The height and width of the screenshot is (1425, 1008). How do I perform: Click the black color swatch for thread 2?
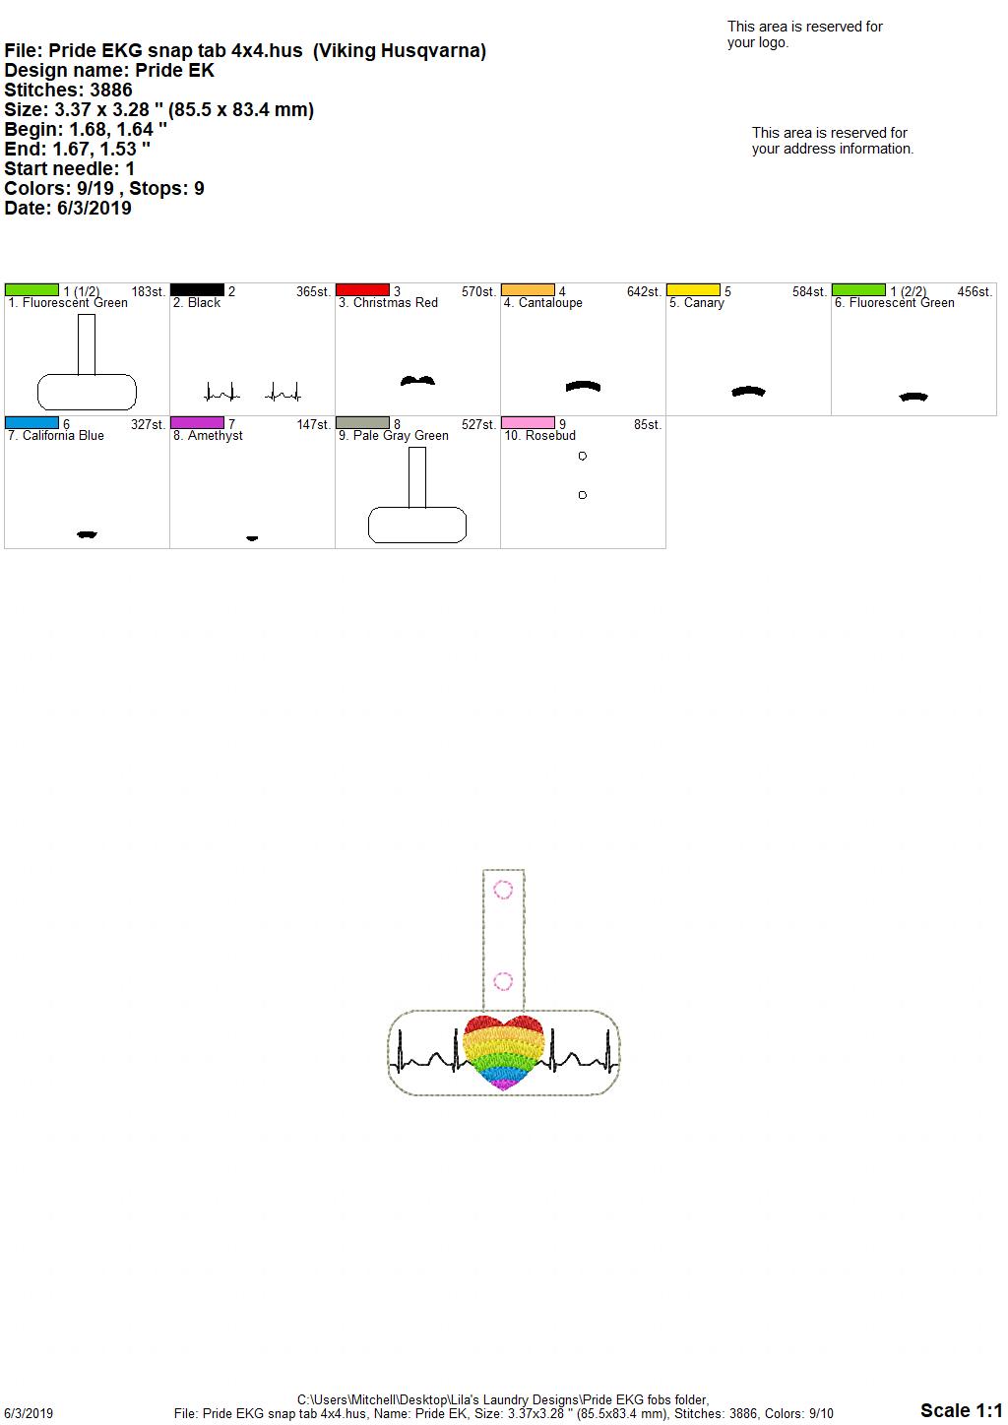point(197,290)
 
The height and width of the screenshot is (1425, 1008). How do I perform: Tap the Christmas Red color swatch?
point(362,290)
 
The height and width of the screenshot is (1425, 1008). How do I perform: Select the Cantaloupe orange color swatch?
point(529,290)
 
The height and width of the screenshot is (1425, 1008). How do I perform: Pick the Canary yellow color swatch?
point(694,290)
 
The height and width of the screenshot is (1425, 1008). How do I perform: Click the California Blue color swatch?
point(31,423)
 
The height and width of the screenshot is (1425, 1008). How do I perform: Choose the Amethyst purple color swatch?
point(197,423)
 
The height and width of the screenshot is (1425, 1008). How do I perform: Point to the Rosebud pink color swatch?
point(529,423)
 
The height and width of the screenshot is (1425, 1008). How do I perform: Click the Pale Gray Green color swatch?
point(362,423)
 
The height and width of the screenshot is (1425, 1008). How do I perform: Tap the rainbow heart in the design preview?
point(503,1053)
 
